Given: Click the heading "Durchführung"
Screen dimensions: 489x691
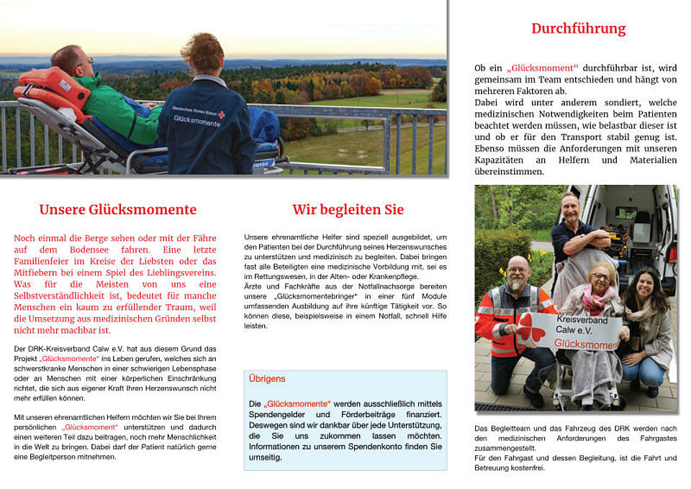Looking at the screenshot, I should click(578, 29).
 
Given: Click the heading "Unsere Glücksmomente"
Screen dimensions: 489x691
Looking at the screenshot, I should click(117, 210).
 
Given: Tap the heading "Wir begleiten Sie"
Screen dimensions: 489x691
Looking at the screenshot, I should click(348, 210).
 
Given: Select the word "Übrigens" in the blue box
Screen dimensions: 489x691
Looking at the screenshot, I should click(267, 378).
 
